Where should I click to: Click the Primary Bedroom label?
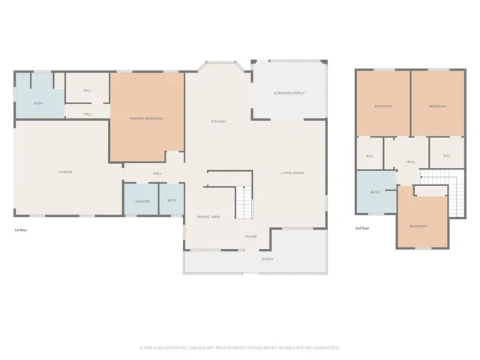145,118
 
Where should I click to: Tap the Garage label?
65,172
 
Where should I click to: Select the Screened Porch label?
289,93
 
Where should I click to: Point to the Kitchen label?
218,121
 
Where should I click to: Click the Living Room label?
292,173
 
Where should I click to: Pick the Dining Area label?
208,217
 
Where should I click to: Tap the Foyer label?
251,236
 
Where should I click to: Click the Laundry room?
141,200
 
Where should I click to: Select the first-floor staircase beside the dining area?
243,201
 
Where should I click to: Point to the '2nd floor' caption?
362,228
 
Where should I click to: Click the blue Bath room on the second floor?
375,193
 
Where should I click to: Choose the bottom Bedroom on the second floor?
418,225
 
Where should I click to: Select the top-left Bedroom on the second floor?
382,106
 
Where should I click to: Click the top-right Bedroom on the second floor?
437,106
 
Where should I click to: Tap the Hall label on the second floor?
410,161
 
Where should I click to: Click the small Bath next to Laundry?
172,200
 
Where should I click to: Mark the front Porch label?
266,259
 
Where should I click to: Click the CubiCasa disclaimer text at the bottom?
240,347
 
